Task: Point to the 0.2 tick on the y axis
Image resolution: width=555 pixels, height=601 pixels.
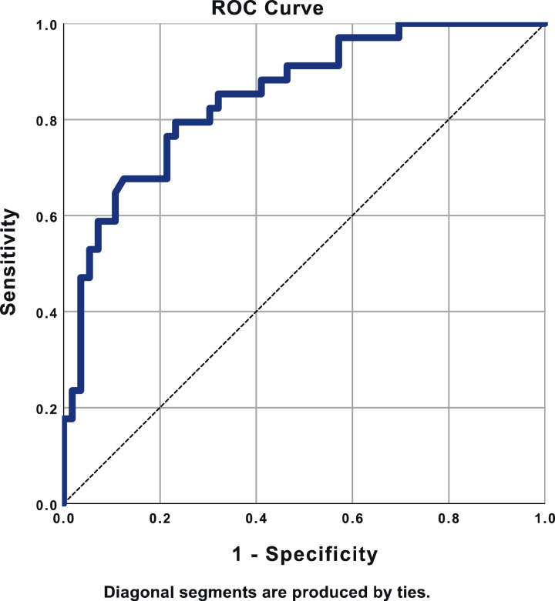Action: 46,409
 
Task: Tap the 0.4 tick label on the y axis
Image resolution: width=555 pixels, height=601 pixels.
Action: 46,312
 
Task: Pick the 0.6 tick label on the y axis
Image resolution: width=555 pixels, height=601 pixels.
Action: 46,216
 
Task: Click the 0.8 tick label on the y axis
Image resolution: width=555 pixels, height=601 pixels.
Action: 46,120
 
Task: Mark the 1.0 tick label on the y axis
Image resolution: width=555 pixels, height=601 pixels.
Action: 46,25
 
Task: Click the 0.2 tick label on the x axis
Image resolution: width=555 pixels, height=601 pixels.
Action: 160,519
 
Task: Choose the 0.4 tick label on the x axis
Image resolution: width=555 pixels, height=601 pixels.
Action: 256,519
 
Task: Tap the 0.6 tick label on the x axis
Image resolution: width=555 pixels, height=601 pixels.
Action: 352,519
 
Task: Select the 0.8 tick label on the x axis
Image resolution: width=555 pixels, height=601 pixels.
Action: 449,519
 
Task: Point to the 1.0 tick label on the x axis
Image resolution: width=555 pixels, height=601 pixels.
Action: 544,519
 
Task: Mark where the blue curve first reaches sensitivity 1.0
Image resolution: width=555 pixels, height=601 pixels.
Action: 399,25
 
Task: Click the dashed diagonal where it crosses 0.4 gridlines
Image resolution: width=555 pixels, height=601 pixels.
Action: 256,312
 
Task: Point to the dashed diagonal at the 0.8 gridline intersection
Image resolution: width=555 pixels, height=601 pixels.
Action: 449,120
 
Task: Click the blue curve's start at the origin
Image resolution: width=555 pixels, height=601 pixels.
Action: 64,503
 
